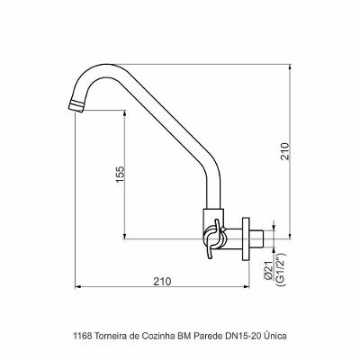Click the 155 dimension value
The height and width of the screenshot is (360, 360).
(120, 174)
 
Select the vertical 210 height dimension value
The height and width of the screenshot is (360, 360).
(285, 151)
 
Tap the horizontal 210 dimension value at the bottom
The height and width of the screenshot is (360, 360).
(162, 282)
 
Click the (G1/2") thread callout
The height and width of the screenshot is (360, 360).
(281, 269)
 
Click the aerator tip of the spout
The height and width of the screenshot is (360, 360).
(76, 106)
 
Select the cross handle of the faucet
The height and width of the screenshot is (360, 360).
(214, 238)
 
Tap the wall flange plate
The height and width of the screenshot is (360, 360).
(246, 238)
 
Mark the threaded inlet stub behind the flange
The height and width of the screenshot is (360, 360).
(256, 238)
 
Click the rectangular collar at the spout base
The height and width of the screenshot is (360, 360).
(213, 218)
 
